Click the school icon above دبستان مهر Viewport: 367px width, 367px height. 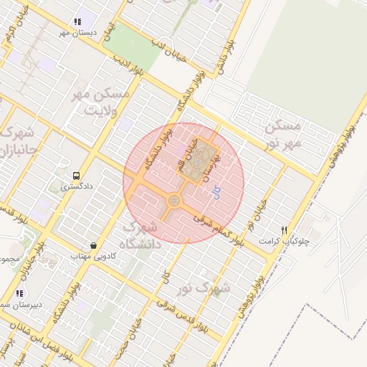tap(77, 22)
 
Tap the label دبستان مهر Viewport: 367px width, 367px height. tap(77, 33)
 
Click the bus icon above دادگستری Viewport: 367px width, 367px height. tap(76, 175)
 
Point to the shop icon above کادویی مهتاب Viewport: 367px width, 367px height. tap(93, 245)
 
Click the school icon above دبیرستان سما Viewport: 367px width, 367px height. tap(19, 293)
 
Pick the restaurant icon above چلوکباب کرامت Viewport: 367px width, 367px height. tap(285, 230)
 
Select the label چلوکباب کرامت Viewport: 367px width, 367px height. tap(306, 242)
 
